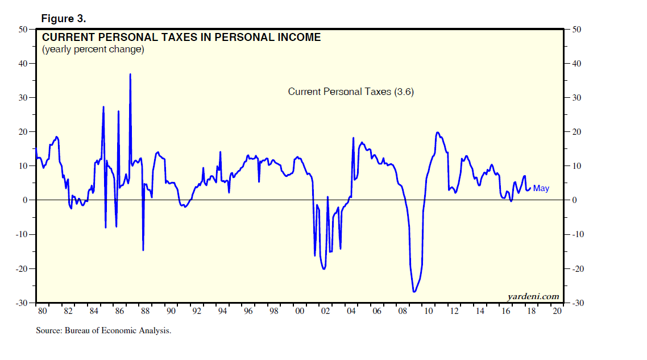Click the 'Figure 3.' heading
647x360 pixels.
64,19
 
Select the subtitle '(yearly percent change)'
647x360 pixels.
93,49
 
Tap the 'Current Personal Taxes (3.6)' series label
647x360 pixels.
351,92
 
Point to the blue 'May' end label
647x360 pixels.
541,188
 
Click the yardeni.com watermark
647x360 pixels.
533,296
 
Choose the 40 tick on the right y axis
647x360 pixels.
575,64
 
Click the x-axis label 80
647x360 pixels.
42,311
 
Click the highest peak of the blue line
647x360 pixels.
130,74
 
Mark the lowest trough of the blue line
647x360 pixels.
414,292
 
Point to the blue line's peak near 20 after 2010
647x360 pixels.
437,133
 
